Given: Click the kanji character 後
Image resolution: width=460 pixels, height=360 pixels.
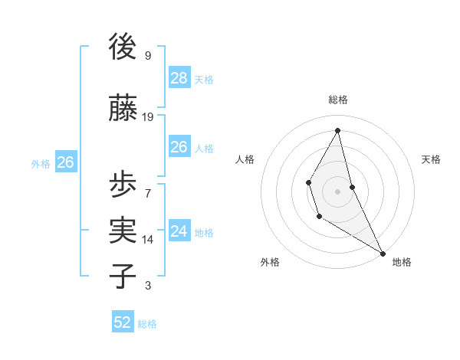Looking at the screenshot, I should pyautogui.click(x=123, y=47).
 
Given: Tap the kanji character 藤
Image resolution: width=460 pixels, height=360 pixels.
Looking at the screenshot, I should pyautogui.click(x=123, y=108).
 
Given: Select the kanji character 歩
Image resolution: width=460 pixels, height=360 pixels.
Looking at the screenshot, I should pyautogui.click(x=123, y=184).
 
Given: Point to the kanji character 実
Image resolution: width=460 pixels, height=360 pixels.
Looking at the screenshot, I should pyautogui.click(x=123, y=231).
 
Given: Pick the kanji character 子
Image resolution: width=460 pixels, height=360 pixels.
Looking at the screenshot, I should pyautogui.click(x=123, y=277).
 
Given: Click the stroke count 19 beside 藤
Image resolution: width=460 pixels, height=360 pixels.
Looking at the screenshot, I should pyautogui.click(x=148, y=117).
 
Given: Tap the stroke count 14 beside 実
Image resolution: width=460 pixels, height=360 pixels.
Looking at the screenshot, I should pyautogui.click(x=148, y=240).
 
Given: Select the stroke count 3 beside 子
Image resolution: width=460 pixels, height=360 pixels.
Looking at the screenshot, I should pyautogui.click(x=148, y=286).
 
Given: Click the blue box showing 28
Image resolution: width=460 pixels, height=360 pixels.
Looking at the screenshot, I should pyautogui.click(x=179, y=77).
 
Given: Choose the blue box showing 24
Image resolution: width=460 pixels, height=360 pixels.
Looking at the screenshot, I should pyautogui.click(x=179, y=231).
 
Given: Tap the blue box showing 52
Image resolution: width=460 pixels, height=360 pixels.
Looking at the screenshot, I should pyautogui.click(x=123, y=322).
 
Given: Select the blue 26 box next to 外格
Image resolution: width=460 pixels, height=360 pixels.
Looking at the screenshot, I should pyautogui.click(x=65, y=162).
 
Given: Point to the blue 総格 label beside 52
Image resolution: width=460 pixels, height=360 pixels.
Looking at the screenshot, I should pyautogui.click(x=147, y=324).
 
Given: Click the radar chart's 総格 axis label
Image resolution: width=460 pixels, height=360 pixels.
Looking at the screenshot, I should pyautogui.click(x=337, y=100).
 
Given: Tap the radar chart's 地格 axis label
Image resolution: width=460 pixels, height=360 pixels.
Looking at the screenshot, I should pyautogui.click(x=402, y=262).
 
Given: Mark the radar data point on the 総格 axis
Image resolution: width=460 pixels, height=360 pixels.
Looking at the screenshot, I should pyautogui.click(x=337, y=129).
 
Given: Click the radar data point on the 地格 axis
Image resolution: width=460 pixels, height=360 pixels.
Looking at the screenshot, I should pyautogui.click(x=383, y=253).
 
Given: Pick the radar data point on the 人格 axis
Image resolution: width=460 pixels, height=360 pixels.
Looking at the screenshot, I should pyautogui.click(x=308, y=182).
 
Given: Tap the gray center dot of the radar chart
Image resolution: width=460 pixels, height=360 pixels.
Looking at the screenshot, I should pyautogui.click(x=337, y=191).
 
